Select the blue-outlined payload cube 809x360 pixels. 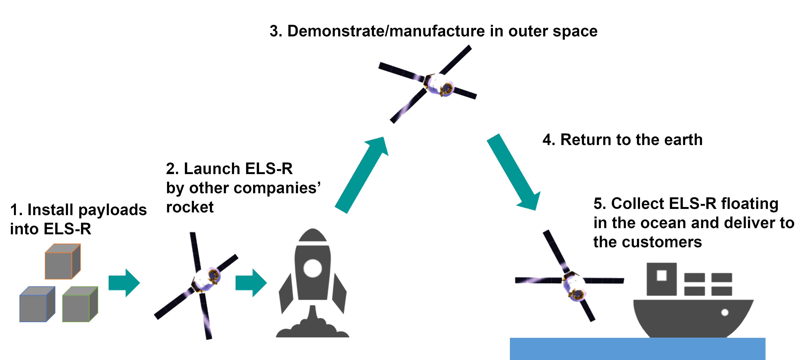point(37,304)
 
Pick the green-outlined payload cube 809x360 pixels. point(80,304)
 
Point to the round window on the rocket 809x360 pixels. point(313,268)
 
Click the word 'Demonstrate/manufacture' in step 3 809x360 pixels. point(386,31)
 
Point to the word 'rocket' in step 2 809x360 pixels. point(190,207)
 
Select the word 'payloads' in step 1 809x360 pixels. point(112,210)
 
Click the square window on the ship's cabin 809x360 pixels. point(662,276)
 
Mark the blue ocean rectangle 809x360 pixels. point(638,349)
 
